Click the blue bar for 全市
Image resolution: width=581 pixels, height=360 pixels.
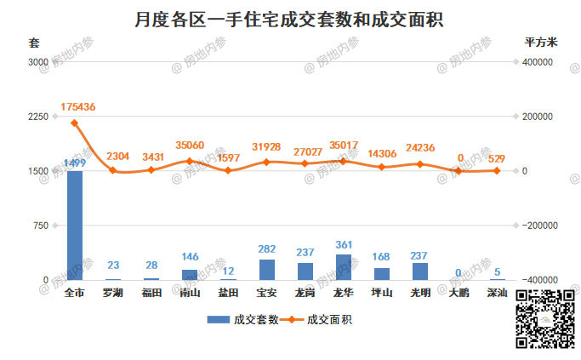75,226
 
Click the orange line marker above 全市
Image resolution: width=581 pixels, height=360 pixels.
75,123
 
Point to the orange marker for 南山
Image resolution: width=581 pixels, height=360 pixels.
190,161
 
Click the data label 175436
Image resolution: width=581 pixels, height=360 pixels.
78,107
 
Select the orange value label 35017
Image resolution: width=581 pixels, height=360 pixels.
344,146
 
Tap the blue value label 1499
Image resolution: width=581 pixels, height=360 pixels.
75,163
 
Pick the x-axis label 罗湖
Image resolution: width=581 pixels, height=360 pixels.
112,294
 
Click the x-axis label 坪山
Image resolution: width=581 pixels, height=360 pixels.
381,294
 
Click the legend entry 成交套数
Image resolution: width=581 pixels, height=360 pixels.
242,320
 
